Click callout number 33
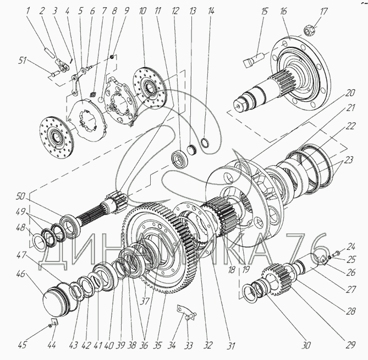pyautogui.click(x=188, y=346)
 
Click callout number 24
pyautogui.click(x=351, y=247)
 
